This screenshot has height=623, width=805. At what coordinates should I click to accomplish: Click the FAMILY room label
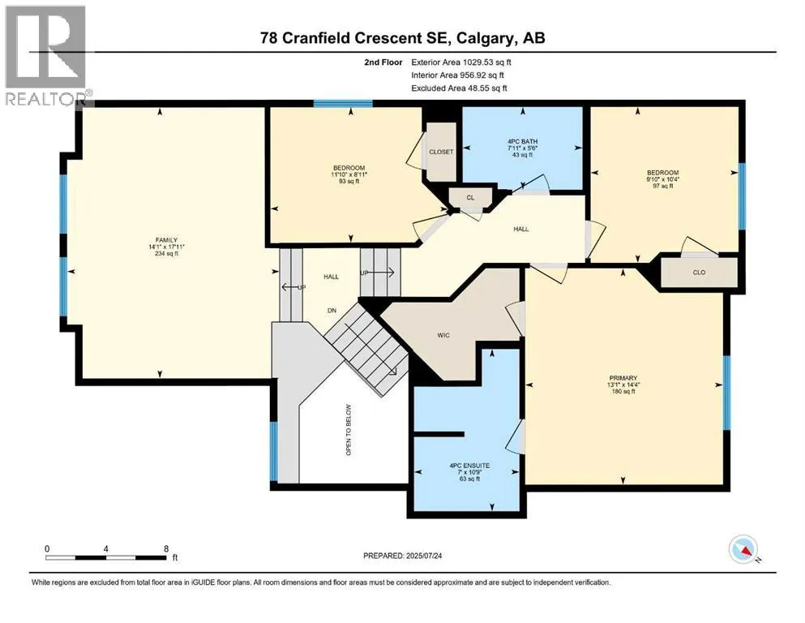(166, 240)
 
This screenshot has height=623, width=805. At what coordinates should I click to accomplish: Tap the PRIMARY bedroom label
(623, 378)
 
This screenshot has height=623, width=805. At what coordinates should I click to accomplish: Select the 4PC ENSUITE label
(469, 466)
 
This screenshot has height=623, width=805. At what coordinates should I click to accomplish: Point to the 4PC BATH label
(522, 141)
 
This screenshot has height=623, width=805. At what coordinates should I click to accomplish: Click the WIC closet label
(443, 335)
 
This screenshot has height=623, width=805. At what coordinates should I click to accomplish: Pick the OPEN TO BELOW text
(349, 430)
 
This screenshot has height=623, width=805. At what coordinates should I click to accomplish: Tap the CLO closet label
(700, 273)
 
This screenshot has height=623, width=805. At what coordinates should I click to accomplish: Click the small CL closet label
(471, 198)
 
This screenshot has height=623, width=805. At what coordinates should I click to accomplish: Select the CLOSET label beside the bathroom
(442, 152)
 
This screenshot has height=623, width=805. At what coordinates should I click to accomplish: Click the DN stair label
(332, 310)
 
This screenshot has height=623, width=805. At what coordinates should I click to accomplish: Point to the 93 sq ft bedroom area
(349, 181)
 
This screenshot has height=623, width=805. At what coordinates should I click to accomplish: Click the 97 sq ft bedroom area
(663, 186)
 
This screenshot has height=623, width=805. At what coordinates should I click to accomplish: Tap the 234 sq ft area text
(166, 253)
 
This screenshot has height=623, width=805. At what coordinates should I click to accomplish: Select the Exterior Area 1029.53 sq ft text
(461, 62)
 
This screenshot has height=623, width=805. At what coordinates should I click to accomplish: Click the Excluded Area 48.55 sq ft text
(459, 88)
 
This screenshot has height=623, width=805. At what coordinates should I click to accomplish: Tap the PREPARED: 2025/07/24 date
(402, 556)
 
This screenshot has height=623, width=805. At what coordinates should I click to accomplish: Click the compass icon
(743, 549)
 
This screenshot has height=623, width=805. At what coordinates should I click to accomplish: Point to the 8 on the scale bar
(166, 548)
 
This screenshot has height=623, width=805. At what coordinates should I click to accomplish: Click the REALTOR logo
(46, 55)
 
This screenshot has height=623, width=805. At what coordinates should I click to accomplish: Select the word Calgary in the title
(485, 38)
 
